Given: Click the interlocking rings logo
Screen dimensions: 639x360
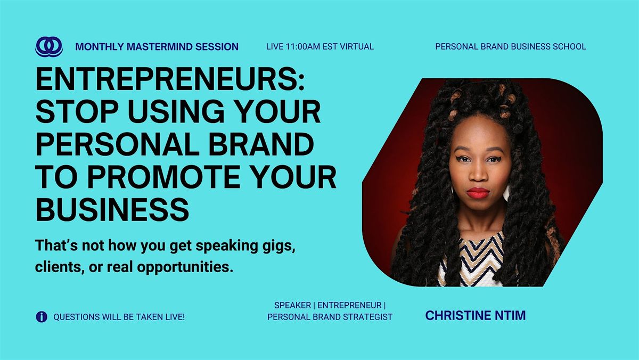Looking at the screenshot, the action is [x=49, y=46].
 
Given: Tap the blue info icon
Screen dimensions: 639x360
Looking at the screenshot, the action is [x=42, y=317].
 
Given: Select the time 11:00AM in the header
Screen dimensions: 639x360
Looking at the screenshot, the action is [x=303, y=46].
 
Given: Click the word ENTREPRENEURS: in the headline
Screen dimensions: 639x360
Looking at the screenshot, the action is [x=170, y=79].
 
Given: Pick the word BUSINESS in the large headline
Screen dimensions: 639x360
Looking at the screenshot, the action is [x=112, y=209].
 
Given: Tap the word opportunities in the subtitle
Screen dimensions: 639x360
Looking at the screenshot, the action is [x=185, y=267].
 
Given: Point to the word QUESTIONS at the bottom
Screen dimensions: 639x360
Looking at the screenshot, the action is [x=77, y=317].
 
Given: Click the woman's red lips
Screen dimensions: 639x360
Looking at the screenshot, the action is [x=478, y=193].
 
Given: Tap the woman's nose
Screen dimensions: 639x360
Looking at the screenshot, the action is [x=478, y=173].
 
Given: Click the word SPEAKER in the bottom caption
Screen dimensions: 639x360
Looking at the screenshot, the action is [x=292, y=305].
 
